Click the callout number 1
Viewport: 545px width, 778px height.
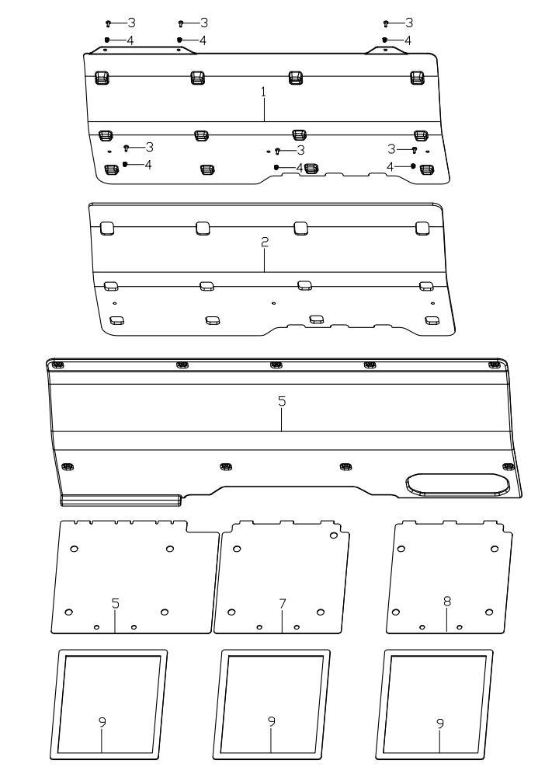264,92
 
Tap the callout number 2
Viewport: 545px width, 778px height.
265,242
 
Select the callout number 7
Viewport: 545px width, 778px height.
283,604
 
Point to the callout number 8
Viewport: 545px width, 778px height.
447,602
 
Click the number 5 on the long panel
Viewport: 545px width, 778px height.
282,401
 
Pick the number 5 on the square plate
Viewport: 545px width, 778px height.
116,603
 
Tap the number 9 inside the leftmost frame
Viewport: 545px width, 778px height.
102,722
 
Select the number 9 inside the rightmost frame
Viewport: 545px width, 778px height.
440,724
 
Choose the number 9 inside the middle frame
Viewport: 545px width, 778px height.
272,722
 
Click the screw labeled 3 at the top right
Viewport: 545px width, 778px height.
386,23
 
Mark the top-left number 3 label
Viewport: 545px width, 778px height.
131,23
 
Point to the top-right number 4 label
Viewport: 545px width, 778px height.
408,40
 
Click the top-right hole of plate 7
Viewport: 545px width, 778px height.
334,536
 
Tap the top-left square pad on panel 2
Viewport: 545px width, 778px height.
107,229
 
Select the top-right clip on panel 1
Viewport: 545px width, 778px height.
417,77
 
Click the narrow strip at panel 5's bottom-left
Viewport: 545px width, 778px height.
121,500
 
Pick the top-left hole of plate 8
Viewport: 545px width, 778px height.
401,549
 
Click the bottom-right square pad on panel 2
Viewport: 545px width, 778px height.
432,320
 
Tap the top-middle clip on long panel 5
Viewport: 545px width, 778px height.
276,365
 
